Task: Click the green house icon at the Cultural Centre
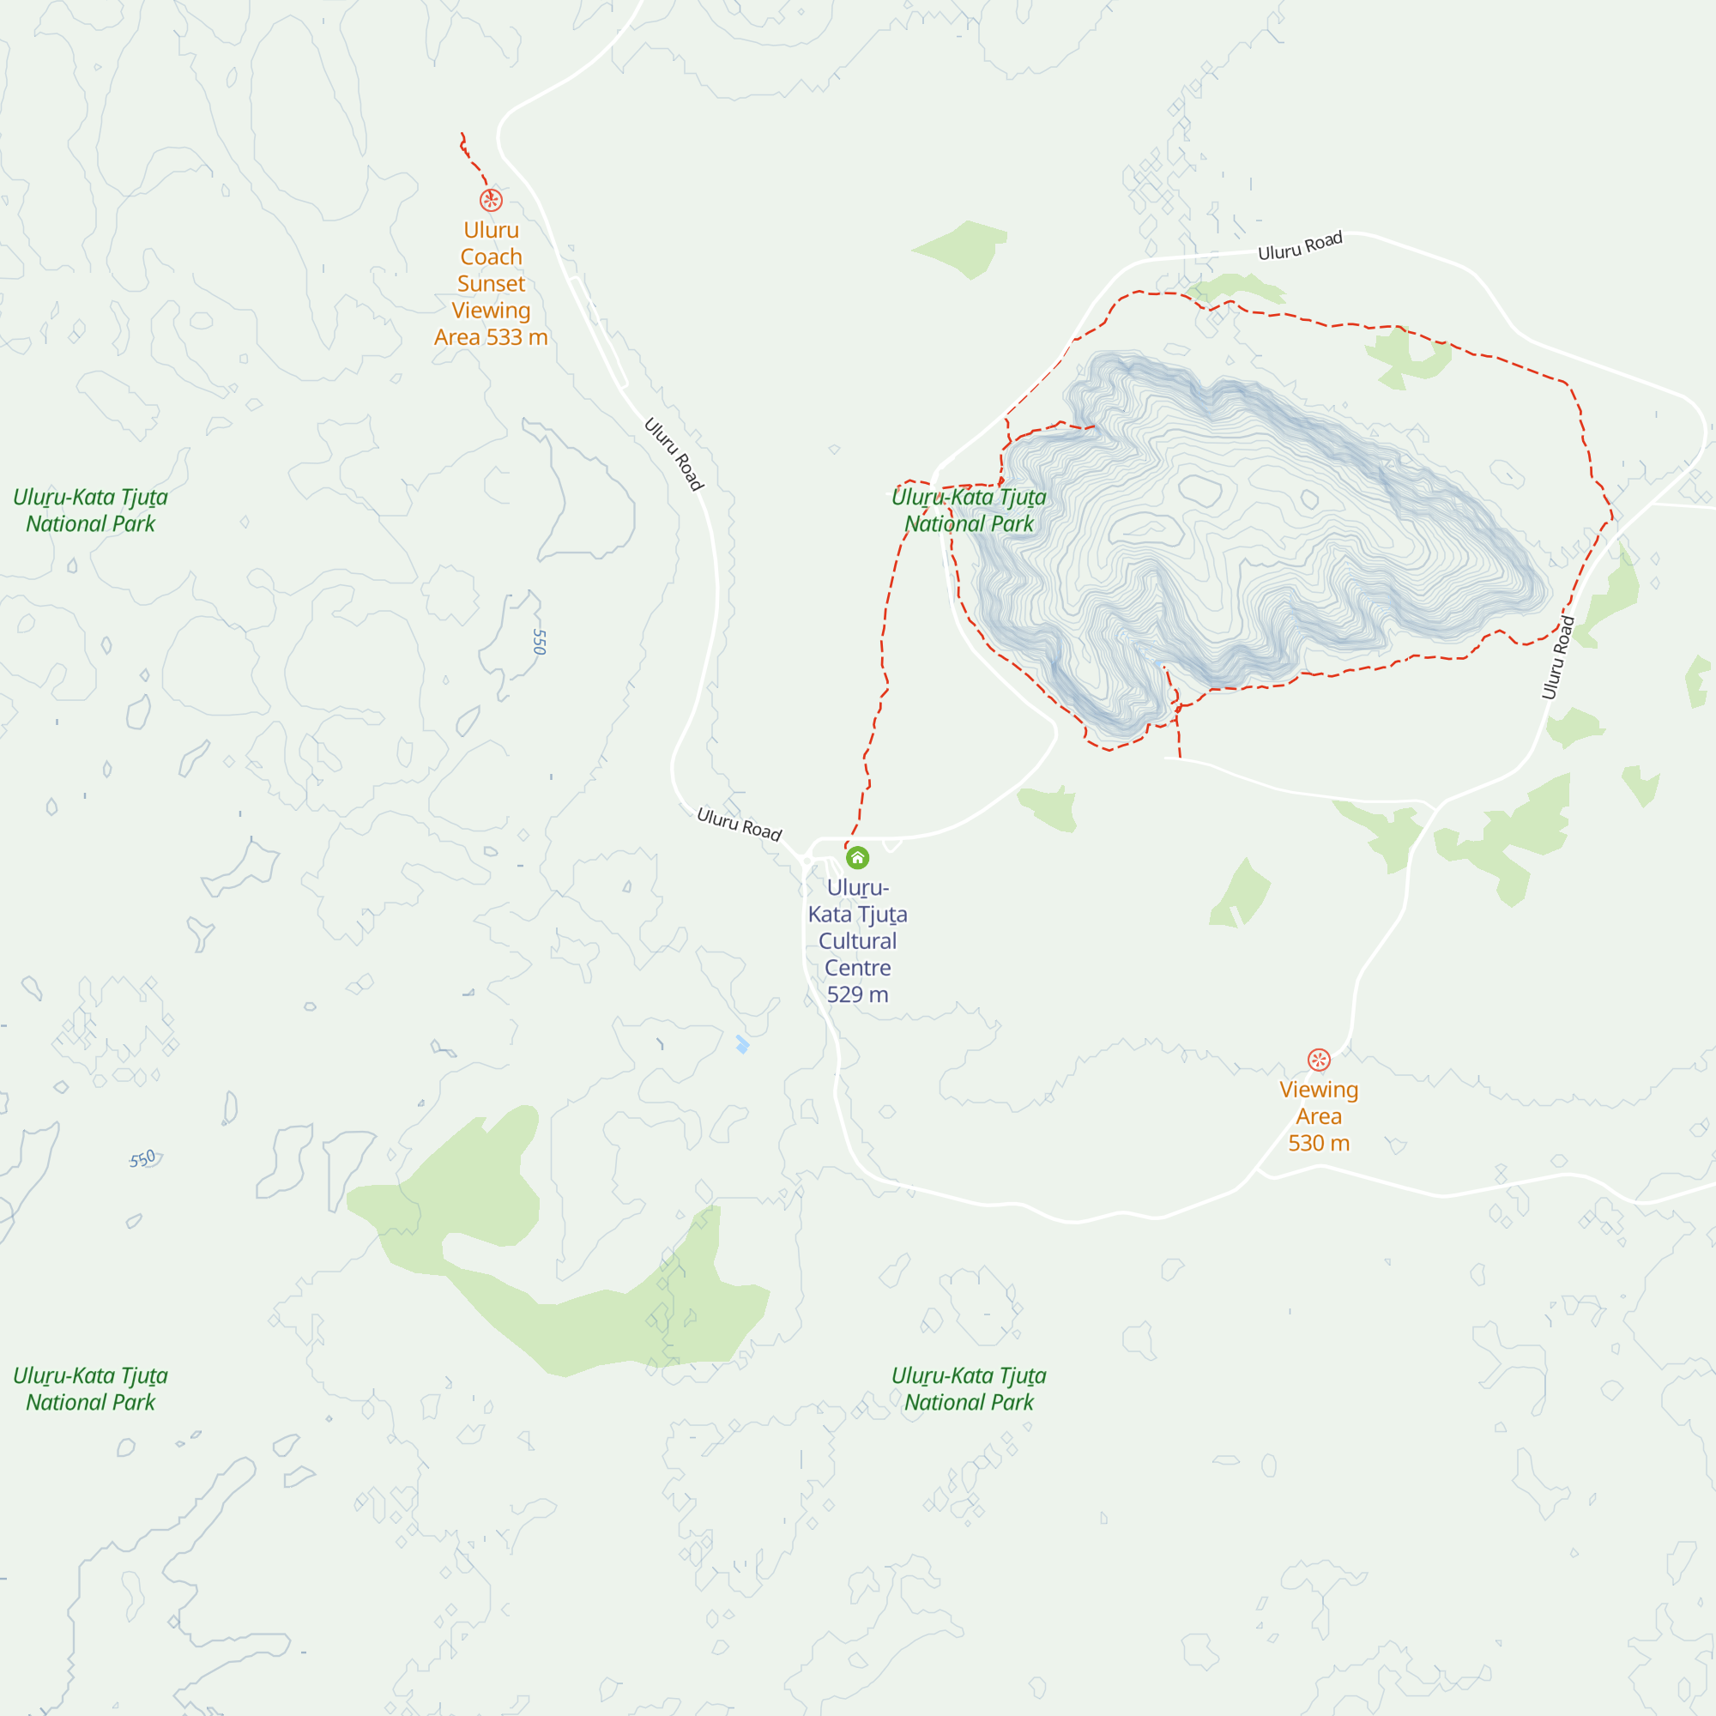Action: [857, 858]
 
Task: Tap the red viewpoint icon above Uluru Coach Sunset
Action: [491, 200]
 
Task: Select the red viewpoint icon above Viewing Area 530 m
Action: [1319, 1060]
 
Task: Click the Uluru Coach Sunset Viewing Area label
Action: [491, 283]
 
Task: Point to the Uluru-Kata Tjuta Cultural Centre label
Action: [857, 940]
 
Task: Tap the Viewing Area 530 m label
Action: [1319, 1115]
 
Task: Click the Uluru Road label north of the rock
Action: [1299, 246]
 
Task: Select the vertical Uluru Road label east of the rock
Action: [1558, 657]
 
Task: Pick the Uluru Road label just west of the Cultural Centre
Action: [739, 825]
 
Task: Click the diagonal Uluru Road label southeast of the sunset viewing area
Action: [674, 454]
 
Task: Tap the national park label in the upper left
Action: [91, 511]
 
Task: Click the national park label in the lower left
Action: [91, 1389]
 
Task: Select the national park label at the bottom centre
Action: [969, 1389]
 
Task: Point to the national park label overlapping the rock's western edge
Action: [969, 511]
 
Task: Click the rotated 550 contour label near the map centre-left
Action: [539, 641]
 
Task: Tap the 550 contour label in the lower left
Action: [142, 1159]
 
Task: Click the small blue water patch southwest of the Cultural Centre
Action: [742, 1044]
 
